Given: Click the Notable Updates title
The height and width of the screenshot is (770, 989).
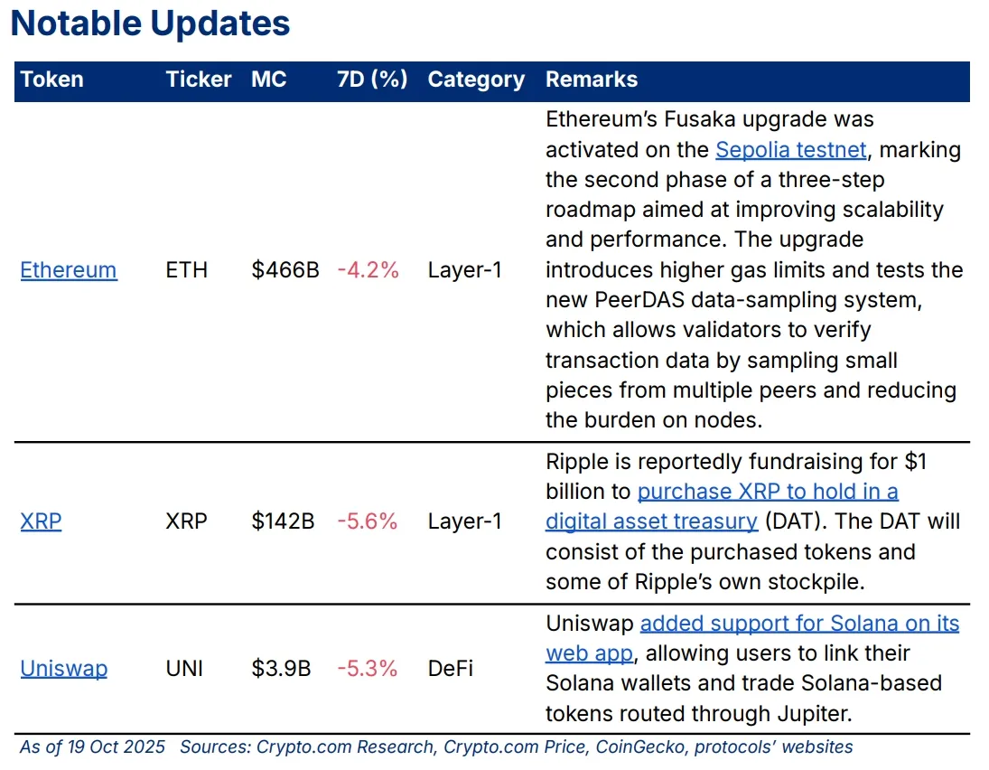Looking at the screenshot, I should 150,24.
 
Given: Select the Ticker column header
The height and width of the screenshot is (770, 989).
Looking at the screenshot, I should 199,80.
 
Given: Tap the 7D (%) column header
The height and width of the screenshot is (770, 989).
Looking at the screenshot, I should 372,80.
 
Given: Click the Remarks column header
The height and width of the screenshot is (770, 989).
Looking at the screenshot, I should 591,80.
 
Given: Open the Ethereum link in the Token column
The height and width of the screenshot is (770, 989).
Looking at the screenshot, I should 69,270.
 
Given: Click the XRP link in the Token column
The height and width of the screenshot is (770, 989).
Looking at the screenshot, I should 41,521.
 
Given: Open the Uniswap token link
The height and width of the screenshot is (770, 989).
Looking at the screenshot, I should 63,669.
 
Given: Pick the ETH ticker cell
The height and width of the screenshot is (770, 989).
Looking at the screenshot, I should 186,270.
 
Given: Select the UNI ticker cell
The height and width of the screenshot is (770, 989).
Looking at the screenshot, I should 184,669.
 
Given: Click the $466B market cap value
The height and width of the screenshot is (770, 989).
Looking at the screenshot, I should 285,270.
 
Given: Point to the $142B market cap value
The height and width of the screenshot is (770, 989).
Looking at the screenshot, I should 283,521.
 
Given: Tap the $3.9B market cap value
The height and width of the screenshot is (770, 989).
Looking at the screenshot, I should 281,669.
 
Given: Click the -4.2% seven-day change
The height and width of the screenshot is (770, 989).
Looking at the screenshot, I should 368,270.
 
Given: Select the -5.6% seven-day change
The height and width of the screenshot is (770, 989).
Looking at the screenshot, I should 368,521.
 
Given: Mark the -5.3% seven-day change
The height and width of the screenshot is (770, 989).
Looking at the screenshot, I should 368,669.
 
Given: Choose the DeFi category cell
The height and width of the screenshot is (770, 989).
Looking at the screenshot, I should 450,669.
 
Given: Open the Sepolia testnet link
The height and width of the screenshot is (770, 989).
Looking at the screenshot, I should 791,149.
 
